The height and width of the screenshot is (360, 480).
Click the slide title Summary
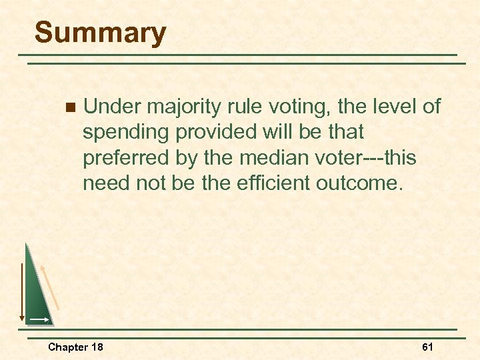coord(100,33)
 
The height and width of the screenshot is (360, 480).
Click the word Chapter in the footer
coord(67,347)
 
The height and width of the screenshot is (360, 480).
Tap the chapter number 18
coord(97,347)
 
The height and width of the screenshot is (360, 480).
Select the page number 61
coord(427,347)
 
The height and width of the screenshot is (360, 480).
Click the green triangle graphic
coord(37,293)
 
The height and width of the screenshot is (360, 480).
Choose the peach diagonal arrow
coord(51,287)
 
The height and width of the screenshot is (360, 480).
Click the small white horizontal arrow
coord(39,320)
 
